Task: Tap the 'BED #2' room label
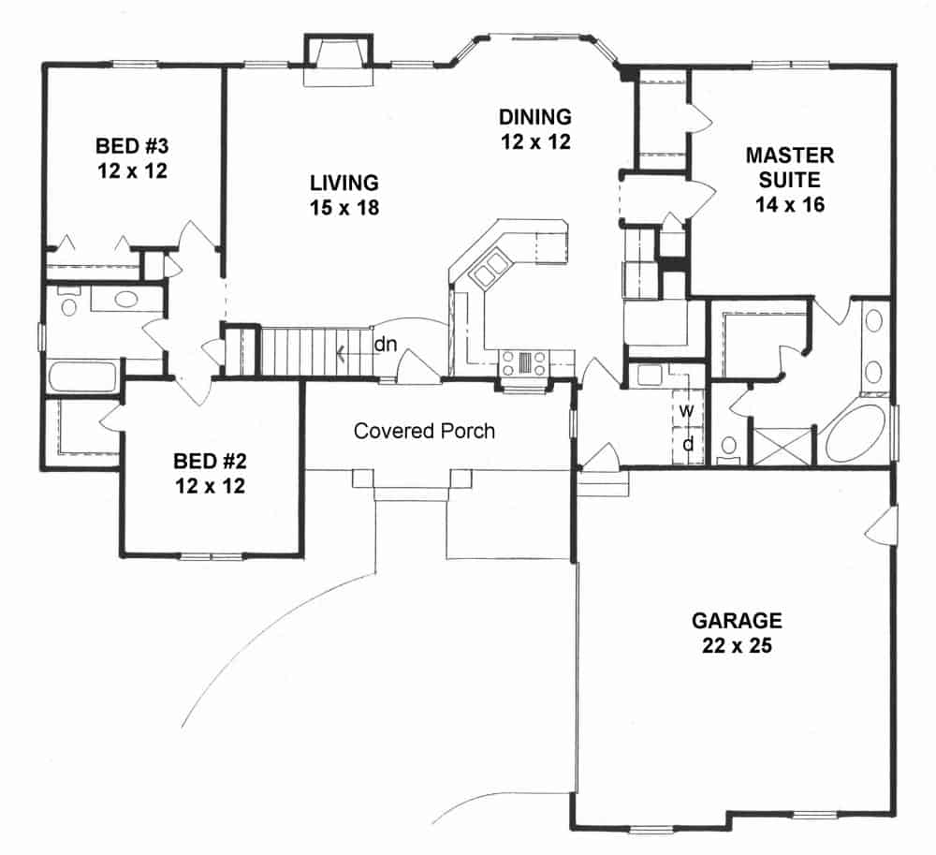210,461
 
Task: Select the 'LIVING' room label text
345,182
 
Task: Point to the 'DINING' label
534,117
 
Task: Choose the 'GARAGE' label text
736,620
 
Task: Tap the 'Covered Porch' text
424,431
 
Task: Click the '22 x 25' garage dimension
736,645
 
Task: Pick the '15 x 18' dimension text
345,208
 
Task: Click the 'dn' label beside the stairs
385,344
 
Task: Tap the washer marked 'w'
686,410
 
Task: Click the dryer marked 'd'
687,444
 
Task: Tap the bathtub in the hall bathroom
82,377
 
